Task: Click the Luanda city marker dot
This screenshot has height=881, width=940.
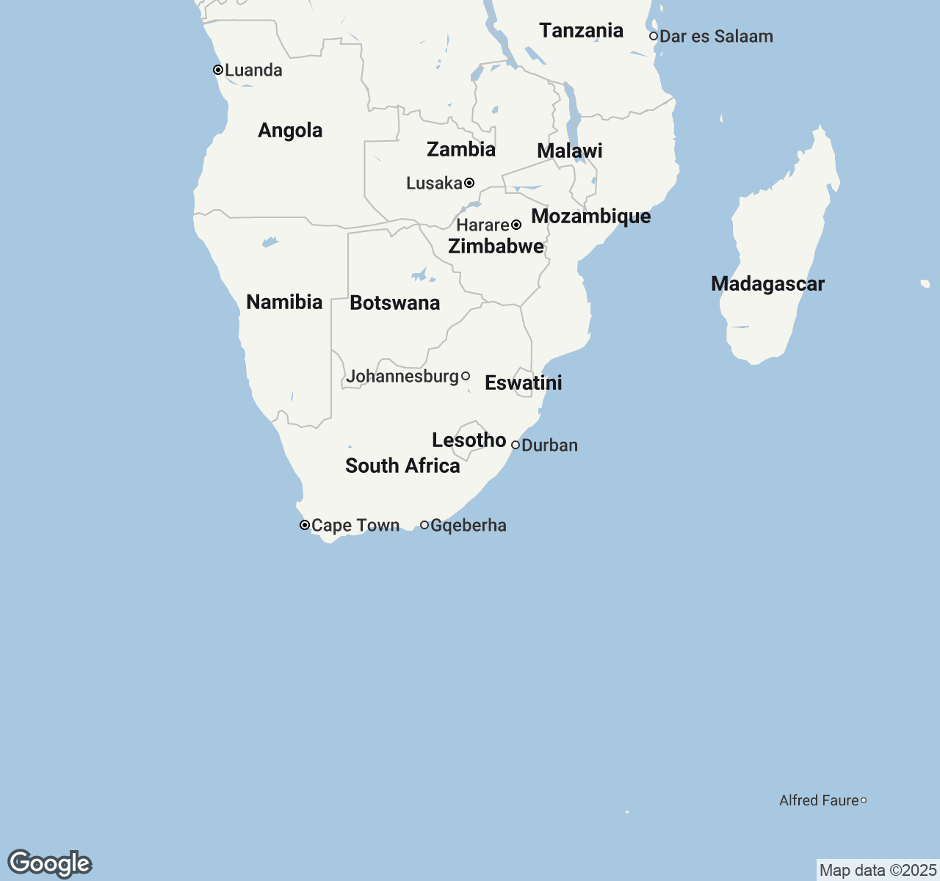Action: tap(218, 70)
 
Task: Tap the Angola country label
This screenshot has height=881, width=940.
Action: tap(290, 131)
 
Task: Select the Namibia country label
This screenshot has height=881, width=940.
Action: tap(284, 302)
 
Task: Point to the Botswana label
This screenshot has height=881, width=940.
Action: tap(394, 302)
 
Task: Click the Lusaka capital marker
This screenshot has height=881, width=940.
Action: tap(469, 183)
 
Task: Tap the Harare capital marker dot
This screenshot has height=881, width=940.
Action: tap(516, 225)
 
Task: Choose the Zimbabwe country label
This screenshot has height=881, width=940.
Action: tap(496, 247)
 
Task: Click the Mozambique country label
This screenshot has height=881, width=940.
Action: tap(590, 217)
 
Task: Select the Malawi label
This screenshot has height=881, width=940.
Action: tap(569, 151)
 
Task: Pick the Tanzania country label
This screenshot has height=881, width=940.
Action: tap(581, 31)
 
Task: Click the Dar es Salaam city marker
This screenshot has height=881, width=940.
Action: tap(654, 36)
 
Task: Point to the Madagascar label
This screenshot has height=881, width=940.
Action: tap(767, 284)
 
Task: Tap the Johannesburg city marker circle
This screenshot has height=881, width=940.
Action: tap(466, 376)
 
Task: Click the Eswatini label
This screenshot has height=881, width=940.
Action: tap(523, 383)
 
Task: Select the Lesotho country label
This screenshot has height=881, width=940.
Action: tap(469, 440)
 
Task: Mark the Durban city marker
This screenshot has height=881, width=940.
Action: tap(516, 445)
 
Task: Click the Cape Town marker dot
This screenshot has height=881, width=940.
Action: tap(305, 525)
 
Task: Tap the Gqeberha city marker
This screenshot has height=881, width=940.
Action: tap(424, 525)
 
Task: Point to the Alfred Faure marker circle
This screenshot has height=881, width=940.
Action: tap(864, 800)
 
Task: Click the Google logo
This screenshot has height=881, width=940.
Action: tap(50, 863)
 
